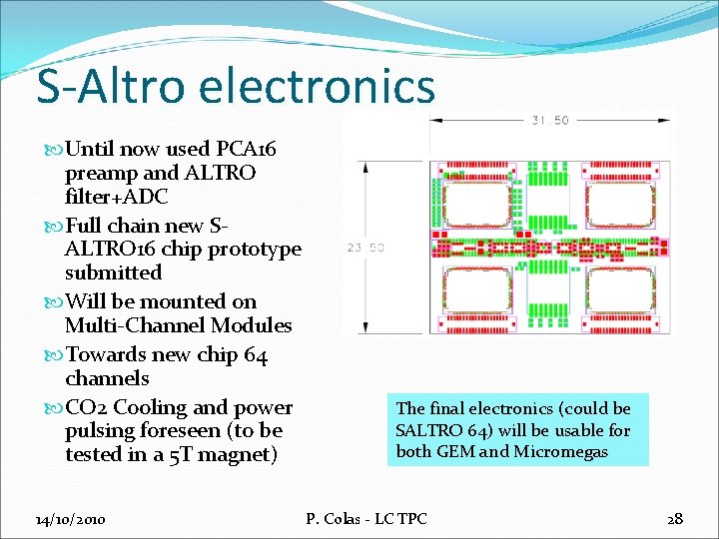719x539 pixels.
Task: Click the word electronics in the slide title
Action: pyautogui.click(x=317, y=86)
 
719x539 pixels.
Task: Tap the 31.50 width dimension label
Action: pyautogui.click(x=549, y=121)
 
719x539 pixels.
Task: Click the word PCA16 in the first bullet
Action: pyautogui.click(x=247, y=150)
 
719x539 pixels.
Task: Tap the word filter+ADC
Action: pyautogui.click(x=116, y=197)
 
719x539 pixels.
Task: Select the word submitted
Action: pyautogui.click(x=113, y=272)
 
